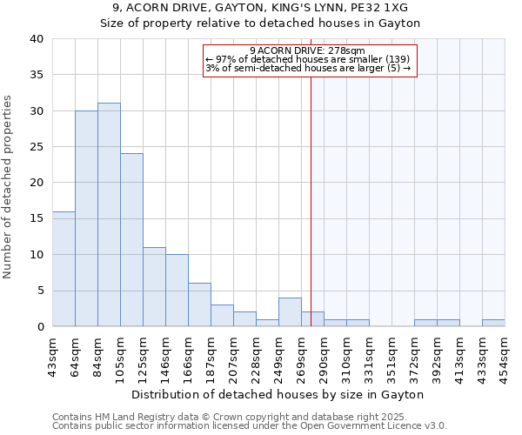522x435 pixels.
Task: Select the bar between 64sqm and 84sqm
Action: [86, 218]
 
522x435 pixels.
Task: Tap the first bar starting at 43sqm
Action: [64, 269]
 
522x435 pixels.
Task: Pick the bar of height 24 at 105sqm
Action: [131, 240]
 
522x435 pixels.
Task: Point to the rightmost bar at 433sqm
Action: [493, 323]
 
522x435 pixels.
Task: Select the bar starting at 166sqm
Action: [199, 304]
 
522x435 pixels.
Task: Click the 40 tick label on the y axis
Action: [36, 39]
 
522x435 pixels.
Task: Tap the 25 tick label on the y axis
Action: [36, 147]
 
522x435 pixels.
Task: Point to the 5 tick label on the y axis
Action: [39, 291]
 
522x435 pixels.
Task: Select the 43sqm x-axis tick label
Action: [53, 357]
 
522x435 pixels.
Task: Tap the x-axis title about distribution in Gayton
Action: [278, 394]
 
